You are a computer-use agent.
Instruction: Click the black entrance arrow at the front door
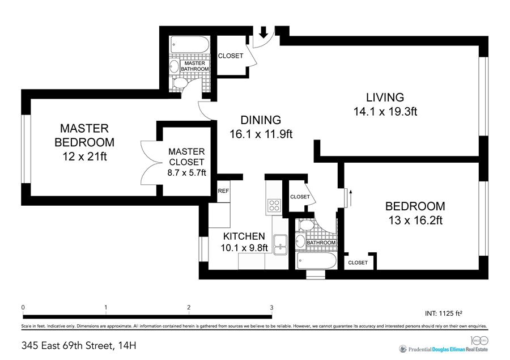263,32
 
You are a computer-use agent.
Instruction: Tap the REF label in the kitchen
223,191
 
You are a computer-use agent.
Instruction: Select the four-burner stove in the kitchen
274,205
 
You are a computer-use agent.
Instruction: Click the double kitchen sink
280,244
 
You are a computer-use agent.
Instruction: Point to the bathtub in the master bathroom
190,45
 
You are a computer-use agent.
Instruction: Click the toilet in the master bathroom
180,83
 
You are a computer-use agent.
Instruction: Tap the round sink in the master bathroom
175,66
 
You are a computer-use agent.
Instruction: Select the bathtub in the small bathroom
316,260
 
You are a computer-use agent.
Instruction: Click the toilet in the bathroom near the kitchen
306,225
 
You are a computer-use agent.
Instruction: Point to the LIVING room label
385,98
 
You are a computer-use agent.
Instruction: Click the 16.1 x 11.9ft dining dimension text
261,134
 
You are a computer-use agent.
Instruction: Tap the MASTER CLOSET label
186,156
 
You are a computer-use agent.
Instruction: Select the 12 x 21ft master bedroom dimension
84,156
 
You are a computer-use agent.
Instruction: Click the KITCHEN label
244,236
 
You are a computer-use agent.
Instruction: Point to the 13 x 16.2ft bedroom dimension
415,221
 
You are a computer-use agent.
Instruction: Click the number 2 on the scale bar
189,307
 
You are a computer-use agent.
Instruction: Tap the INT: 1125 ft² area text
444,314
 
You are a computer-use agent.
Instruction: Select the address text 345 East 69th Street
66,345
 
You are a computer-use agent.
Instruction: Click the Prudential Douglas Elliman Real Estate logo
444,349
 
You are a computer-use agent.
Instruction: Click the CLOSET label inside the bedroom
358,262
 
